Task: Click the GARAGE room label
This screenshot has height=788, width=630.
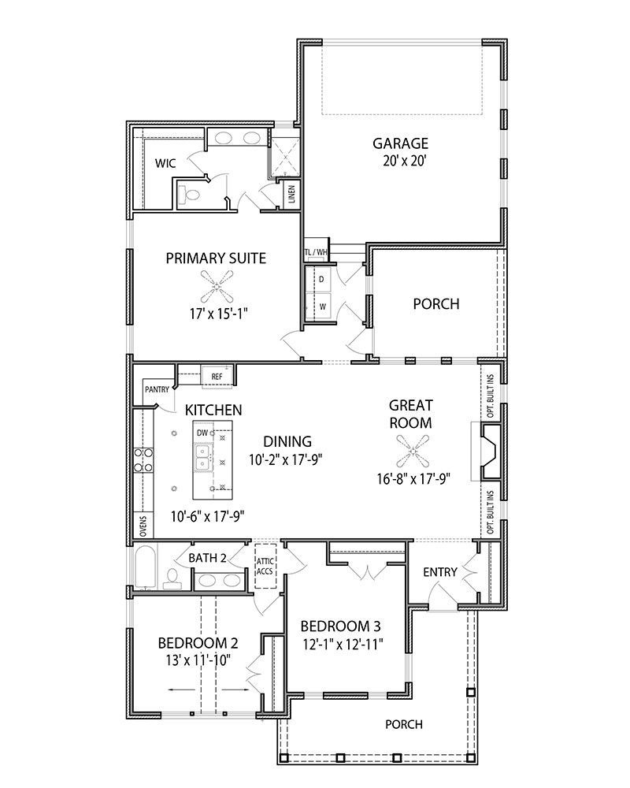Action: click(x=400, y=143)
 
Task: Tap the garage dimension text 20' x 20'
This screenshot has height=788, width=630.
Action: click(x=401, y=162)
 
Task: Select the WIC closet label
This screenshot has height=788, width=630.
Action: click(x=165, y=163)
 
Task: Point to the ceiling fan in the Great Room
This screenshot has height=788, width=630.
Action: click(x=413, y=452)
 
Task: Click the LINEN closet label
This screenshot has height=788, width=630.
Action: click(x=292, y=195)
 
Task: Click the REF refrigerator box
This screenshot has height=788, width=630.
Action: click(x=217, y=377)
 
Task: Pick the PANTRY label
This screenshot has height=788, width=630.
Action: click(x=157, y=389)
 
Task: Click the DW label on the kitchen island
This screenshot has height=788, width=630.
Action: click(x=202, y=433)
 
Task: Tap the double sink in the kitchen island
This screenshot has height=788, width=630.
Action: click(x=202, y=458)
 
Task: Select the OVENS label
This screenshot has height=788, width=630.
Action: click(x=143, y=526)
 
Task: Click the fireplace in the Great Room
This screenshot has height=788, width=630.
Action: click(x=487, y=452)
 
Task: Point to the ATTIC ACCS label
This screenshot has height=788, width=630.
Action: click(x=265, y=567)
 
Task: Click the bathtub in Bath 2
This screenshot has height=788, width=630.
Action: click(x=146, y=567)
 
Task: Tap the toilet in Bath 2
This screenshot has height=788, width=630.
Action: click(x=172, y=578)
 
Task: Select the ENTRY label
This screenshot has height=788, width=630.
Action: click(x=440, y=572)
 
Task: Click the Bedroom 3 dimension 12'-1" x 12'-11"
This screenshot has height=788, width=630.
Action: click(x=343, y=645)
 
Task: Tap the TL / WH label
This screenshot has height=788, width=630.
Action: click(x=316, y=252)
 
